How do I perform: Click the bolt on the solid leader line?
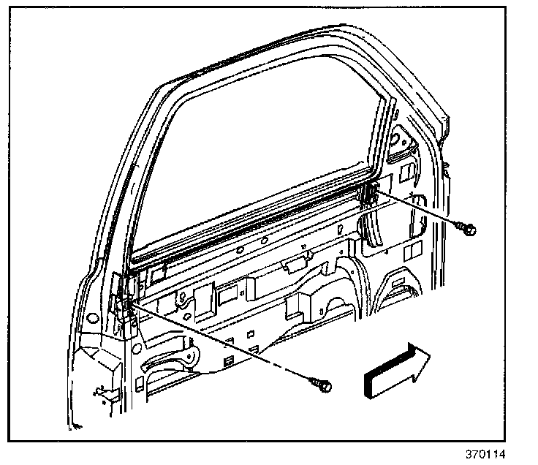(469, 230)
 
